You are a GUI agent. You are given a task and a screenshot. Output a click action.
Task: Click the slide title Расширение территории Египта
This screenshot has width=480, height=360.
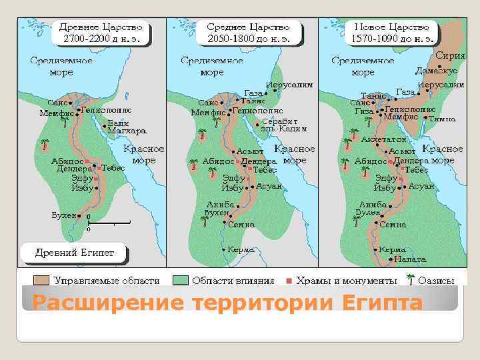[227, 303]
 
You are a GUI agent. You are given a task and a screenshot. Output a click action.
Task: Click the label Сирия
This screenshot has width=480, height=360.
[450, 56]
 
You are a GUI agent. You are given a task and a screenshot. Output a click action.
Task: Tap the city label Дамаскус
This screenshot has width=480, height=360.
[436, 70]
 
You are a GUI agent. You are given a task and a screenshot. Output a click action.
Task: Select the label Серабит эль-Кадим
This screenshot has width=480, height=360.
[283, 125]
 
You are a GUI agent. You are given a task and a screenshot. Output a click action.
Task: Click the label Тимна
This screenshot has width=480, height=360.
[443, 119]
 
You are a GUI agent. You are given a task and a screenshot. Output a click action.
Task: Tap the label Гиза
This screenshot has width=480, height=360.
[363, 112]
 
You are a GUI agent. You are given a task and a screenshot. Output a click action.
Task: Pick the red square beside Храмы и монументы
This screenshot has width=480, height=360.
[289, 281]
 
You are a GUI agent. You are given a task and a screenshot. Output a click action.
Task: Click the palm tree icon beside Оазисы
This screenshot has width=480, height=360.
[411, 280]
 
